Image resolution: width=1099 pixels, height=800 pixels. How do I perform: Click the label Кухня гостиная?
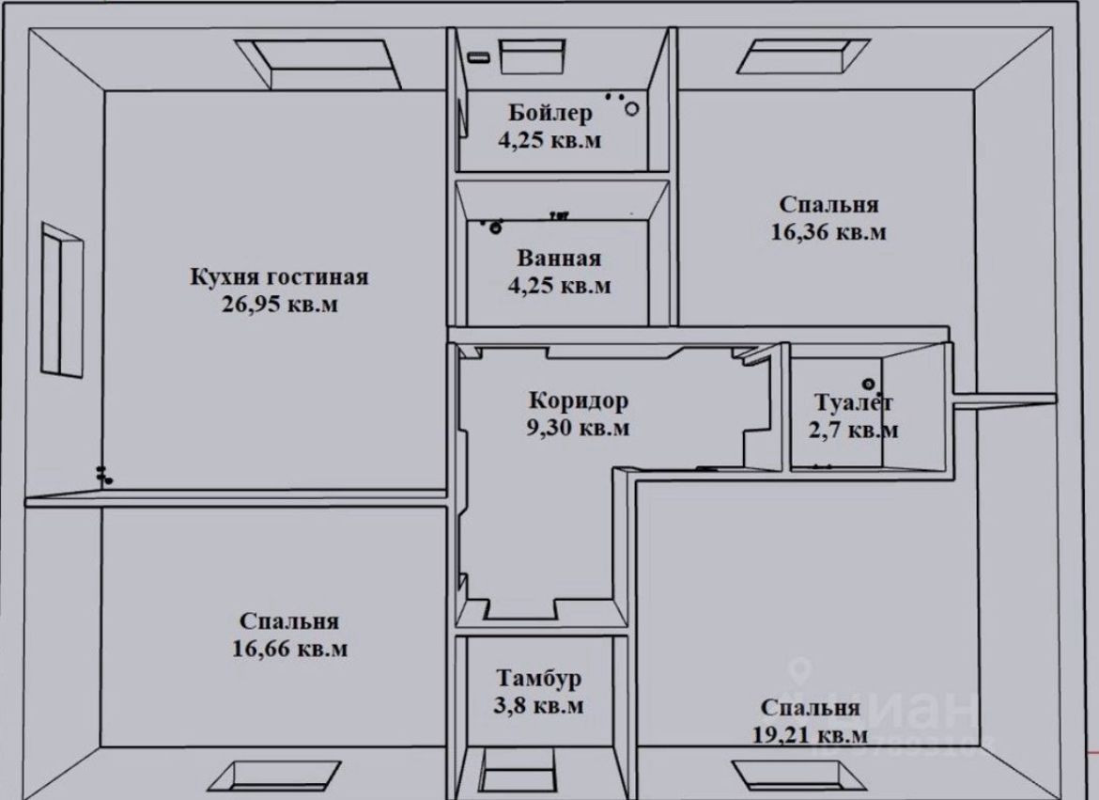click(279, 276)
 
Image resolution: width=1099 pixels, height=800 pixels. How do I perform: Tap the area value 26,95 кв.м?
click(280, 305)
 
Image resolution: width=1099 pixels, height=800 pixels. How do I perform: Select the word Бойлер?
click(550, 112)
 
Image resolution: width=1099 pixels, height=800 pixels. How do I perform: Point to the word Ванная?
click(559, 259)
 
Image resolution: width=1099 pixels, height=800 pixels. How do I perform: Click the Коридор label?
click(579, 400)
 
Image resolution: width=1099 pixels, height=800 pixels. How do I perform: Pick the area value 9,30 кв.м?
click(579, 428)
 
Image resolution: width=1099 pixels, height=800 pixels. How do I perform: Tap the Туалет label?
click(854, 402)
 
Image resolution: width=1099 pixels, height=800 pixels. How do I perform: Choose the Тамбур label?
click(539, 679)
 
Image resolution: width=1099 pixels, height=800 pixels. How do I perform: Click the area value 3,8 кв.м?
click(539, 705)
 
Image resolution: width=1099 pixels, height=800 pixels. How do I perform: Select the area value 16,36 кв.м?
click(828, 231)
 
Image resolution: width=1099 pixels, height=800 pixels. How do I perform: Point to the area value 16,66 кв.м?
click(289, 649)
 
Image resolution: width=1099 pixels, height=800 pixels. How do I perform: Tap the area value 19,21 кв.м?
click(811, 735)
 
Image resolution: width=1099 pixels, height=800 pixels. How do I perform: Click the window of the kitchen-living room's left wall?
click(62, 300)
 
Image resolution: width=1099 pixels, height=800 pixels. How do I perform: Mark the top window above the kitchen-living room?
click(317, 64)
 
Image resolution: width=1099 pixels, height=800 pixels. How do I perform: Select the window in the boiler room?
click(532, 56)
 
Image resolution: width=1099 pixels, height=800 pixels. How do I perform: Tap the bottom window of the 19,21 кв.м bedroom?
click(797, 775)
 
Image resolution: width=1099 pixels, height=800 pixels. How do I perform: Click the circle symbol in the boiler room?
click(631, 109)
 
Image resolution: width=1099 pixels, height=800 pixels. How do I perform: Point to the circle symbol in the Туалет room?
click(869, 384)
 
